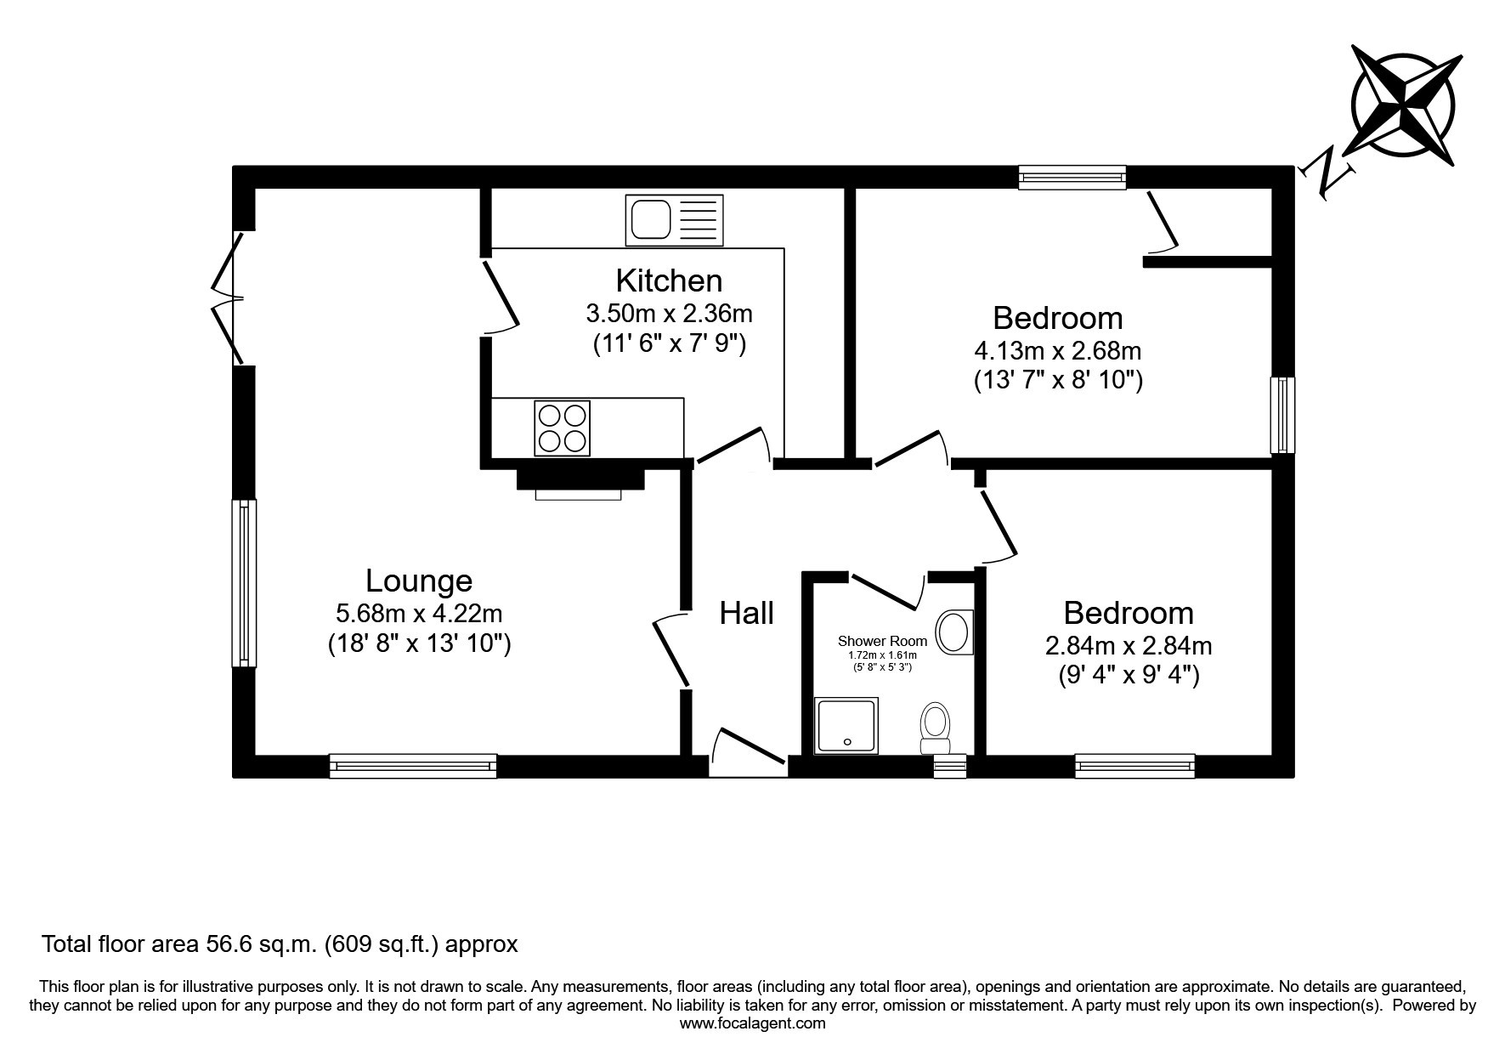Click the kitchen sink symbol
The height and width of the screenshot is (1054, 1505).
pos(675,220)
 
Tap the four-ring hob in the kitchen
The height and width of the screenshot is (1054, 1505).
pos(562,428)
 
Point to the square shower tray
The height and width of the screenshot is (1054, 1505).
pos(847,726)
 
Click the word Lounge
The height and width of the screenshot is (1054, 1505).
pos(419,581)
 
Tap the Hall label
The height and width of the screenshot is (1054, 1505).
pos(747,613)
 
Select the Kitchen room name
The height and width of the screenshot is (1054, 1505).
pos(669,280)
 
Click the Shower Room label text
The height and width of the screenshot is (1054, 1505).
pos(882,641)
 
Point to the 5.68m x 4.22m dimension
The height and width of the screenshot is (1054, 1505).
pos(419,613)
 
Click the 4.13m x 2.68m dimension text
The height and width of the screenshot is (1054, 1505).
pos(1058,350)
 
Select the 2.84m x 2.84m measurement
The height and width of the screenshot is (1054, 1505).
pos(1129,646)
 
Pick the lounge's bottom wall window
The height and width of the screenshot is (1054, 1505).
pos(413,766)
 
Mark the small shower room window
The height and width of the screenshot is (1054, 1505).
pos(950,766)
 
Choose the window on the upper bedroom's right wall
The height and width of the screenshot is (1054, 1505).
pos(1283,416)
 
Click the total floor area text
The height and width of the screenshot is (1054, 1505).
pos(280,943)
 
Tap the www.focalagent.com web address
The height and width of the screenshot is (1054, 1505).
pos(753,1023)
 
